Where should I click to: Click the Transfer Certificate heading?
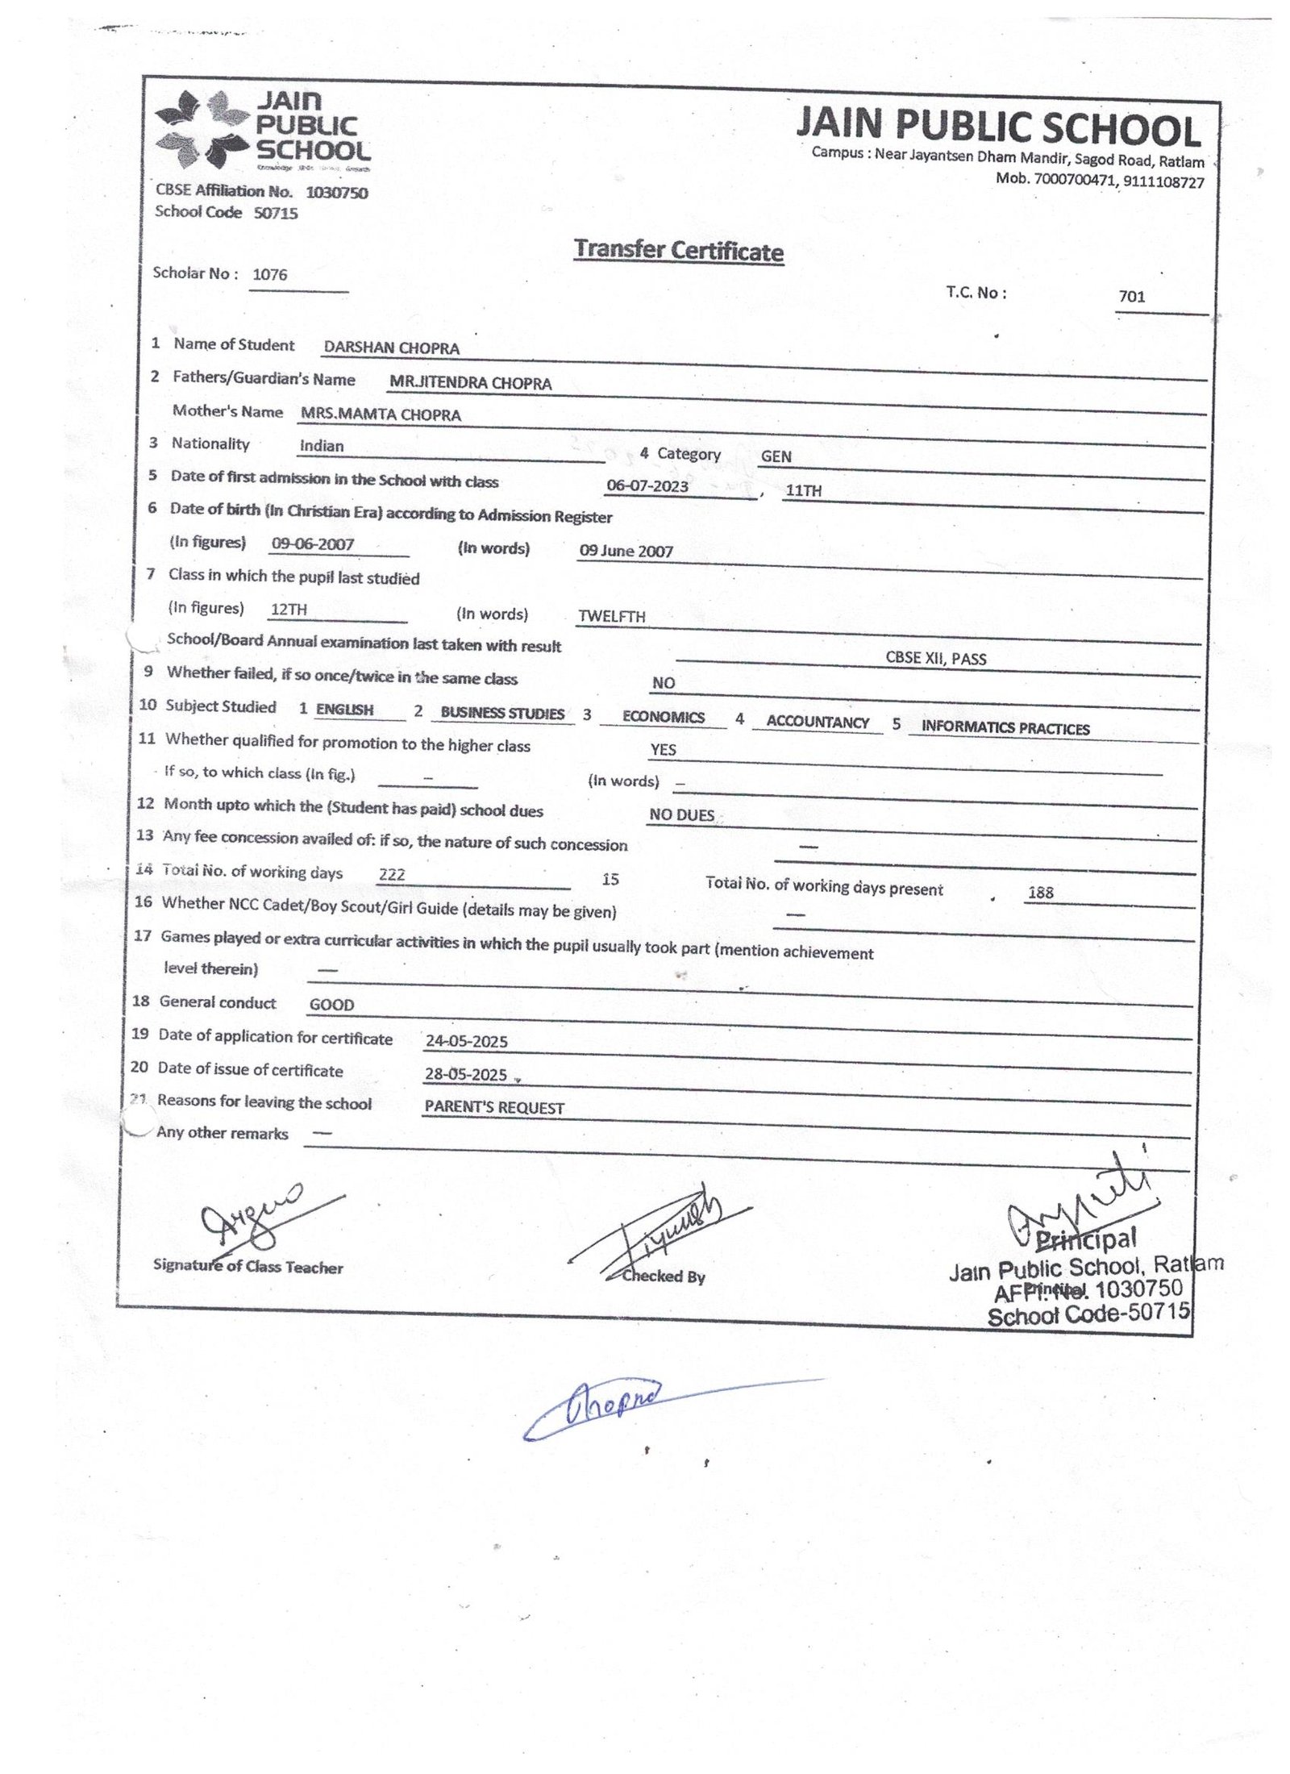click(x=678, y=250)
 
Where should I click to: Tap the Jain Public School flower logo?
click(x=202, y=130)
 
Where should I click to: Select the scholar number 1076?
click(x=270, y=274)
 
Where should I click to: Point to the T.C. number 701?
click(x=1131, y=297)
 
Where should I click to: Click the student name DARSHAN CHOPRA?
click(x=391, y=348)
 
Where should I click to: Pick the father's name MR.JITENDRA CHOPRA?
click(x=470, y=384)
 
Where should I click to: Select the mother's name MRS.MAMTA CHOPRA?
click(x=381, y=415)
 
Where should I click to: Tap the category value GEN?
click(x=776, y=456)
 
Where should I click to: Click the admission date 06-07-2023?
click(x=647, y=486)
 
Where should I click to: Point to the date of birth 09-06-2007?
click(x=313, y=544)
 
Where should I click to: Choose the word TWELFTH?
click(x=611, y=617)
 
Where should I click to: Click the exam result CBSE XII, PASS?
click(x=935, y=659)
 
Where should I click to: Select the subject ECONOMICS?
click(x=663, y=718)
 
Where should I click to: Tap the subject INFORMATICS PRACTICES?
click(x=1005, y=728)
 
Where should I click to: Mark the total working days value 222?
click(x=392, y=875)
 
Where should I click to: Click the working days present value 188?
click(x=1040, y=893)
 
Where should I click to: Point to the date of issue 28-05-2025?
click(x=466, y=1075)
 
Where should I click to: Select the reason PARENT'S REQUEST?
click(x=494, y=1108)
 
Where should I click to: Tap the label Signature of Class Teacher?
click(x=248, y=1267)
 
